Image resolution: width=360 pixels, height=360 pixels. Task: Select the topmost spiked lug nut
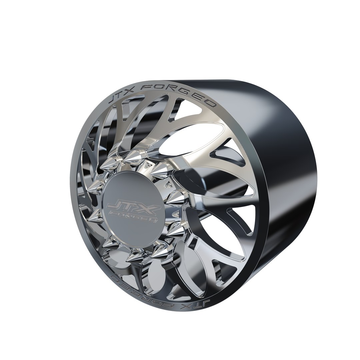coord(133,154)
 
